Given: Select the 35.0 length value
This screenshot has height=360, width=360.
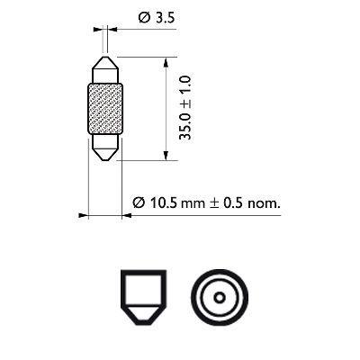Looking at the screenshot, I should (x=184, y=128).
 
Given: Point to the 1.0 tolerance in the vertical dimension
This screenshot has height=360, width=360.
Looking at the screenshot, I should (x=184, y=87).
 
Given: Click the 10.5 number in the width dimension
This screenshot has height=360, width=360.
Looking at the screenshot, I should (x=159, y=203).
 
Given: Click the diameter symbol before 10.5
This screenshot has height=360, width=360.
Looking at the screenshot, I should (x=138, y=203).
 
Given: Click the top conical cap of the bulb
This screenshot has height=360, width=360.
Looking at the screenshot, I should (x=105, y=69).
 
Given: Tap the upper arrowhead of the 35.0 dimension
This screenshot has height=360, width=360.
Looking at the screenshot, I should (x=167, y=60).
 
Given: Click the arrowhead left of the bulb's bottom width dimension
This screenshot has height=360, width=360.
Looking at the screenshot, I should (x=84, y=215).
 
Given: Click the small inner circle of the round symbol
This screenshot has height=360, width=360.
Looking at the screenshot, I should (x=219, y=300).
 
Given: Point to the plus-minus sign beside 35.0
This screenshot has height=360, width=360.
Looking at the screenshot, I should (x=184, y=104).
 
